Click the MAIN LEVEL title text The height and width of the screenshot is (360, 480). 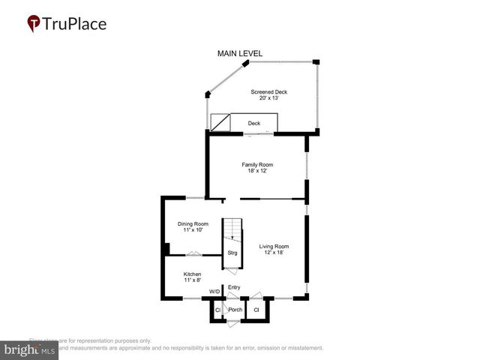(x=240, y=54)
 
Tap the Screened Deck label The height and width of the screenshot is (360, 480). (x=268, y=92)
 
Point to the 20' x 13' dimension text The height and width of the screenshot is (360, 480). (x=268, y=99)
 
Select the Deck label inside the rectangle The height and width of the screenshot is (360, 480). (x=254, y=123)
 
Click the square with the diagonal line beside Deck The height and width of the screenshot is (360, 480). (x=220, y=123)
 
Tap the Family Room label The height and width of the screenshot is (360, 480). (x=257, y=164)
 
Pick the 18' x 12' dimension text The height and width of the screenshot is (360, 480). (x=257, y=171)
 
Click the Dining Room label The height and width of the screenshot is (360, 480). (x=193, y=223)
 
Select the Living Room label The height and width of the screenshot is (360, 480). (x=274, y=246)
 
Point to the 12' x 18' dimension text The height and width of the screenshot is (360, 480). (x=274, y=253)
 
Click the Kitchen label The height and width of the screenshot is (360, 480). (x=193, y=274)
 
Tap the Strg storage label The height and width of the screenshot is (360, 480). (x=232, y=253)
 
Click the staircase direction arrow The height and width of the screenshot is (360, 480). (x=232, y=237)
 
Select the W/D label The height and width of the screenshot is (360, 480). (x=214, y=291)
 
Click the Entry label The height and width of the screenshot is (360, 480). (x=235, y=287)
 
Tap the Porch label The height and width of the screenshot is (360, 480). (x=235, y=310)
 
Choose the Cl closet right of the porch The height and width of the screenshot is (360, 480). (x=256, y=310)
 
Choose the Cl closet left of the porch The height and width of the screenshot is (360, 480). (x=217, y=310)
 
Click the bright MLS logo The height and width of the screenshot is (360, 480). (x=29, y=350)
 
